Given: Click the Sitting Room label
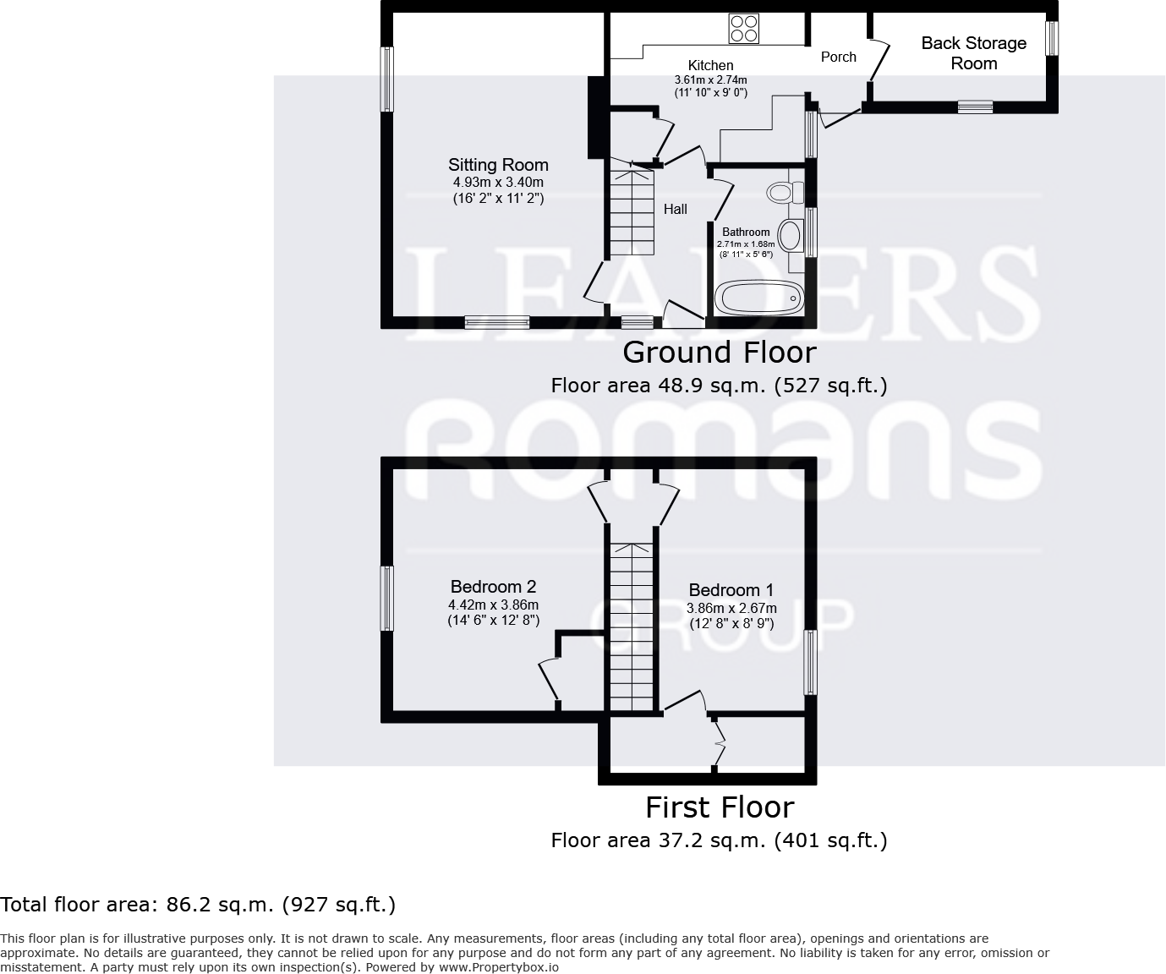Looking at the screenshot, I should click(498, 165).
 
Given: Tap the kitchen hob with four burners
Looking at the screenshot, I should click(743, 29).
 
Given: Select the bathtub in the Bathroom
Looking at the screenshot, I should click(759, 298).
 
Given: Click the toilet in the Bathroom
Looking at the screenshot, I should click(783, 193).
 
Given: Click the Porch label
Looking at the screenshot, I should click(838, 57).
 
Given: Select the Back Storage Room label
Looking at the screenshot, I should click(973, 53).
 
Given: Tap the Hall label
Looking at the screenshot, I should click(675, 209).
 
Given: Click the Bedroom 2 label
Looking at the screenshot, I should click(493, 587).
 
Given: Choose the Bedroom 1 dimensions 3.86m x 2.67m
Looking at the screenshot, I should click(731, 608).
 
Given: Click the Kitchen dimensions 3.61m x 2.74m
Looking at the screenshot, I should click(710, 79).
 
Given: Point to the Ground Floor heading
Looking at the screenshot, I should click(719, 352).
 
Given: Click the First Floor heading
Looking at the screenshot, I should click(719, 807).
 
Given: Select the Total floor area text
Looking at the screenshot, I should click(198, 905).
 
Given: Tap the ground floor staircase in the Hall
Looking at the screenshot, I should click(632, 212).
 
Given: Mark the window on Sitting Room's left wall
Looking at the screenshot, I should click(387, 79).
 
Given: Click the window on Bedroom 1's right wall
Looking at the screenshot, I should click(810, 663).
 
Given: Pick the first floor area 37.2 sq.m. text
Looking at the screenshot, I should click(719, 840).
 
